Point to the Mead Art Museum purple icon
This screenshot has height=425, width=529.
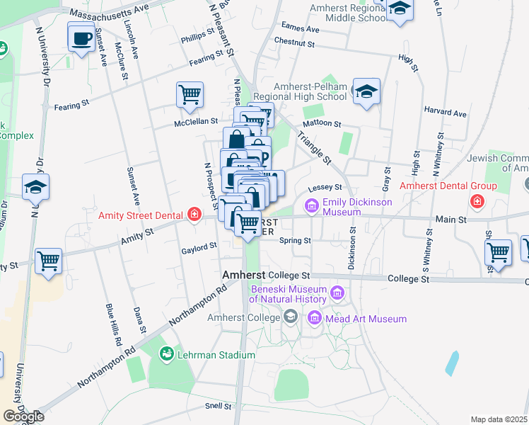pyautogui.click(x=315, y=319)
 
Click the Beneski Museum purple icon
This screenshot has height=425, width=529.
pyautogui.click(x=337, y=292)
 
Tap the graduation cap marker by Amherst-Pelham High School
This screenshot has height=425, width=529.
pyautogui.click(x=366, y=92)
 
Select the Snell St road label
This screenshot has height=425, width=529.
pyautogui.click(x=218, y=406)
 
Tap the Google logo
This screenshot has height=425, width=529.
pyautogui.click(x=23, y=416)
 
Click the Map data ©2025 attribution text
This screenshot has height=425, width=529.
pyautogui.click(x=499, y=419)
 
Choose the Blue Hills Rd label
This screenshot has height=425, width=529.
pyautogui.click(x=112, y=325)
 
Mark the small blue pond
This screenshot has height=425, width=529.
pyautogui.click(x=451, y=363)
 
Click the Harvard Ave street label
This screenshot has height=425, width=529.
pyautogui.click(x=445, y=113)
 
